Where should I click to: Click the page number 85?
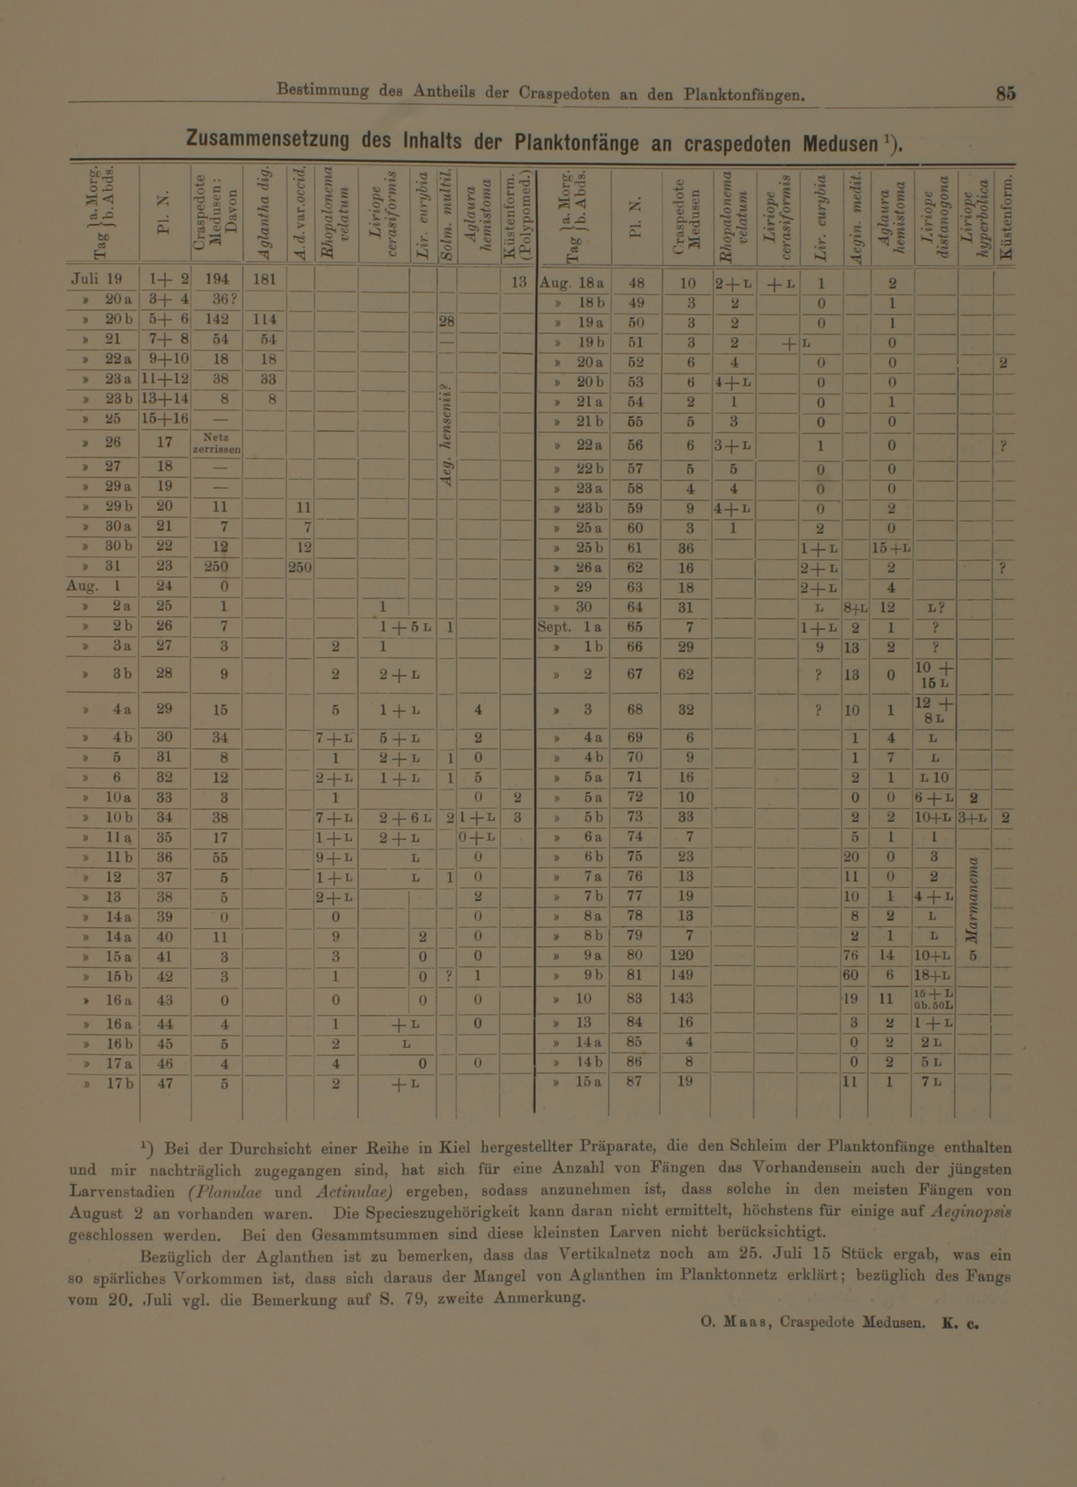(1006, 94)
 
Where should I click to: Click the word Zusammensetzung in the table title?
(268, 140)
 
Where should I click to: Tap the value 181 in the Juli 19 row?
(264, 279)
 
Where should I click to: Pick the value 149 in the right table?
(685, 975)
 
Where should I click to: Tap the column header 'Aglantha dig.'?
(264, 214)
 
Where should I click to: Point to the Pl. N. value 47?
(165, 1082)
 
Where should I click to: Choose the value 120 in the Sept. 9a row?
(685, 955)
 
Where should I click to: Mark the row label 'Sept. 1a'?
(569, 627)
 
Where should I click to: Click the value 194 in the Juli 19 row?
(216, 279)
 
